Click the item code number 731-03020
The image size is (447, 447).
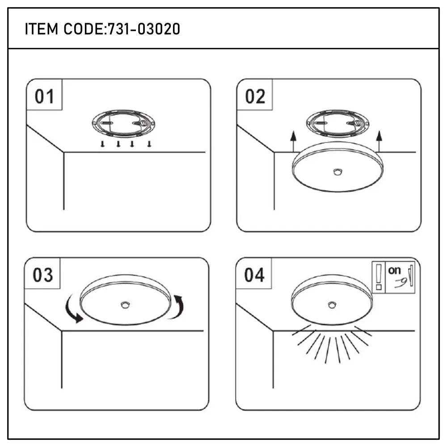click(144, 30)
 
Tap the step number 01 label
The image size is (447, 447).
click(44, 97)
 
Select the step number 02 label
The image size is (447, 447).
click(255, 97)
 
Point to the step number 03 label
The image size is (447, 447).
click(43, 275)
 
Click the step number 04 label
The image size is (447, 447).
click(254, 275)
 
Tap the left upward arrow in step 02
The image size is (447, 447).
click(293, 143)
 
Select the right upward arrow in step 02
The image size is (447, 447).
click(380, 143)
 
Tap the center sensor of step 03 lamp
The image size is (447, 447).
click(125, 305)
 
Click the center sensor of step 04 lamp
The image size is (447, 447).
click(332, 305)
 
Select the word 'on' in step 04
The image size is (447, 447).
click(394, 270)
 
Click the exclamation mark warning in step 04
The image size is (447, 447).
click(379, 277)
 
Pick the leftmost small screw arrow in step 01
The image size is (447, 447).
click(103, 144)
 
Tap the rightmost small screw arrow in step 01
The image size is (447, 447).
click(149, 144)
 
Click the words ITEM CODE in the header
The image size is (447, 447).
click(64, 30)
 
